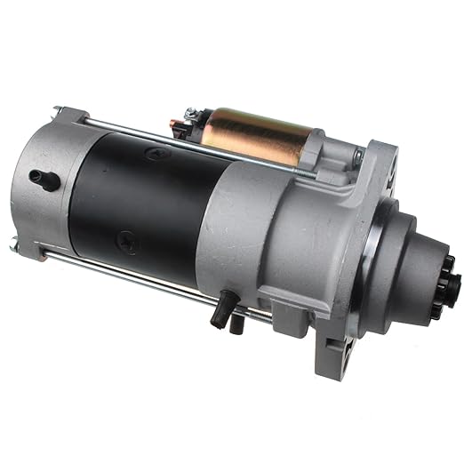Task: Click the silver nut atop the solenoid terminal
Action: (194, 113)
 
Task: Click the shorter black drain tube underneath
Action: (236, 324)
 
